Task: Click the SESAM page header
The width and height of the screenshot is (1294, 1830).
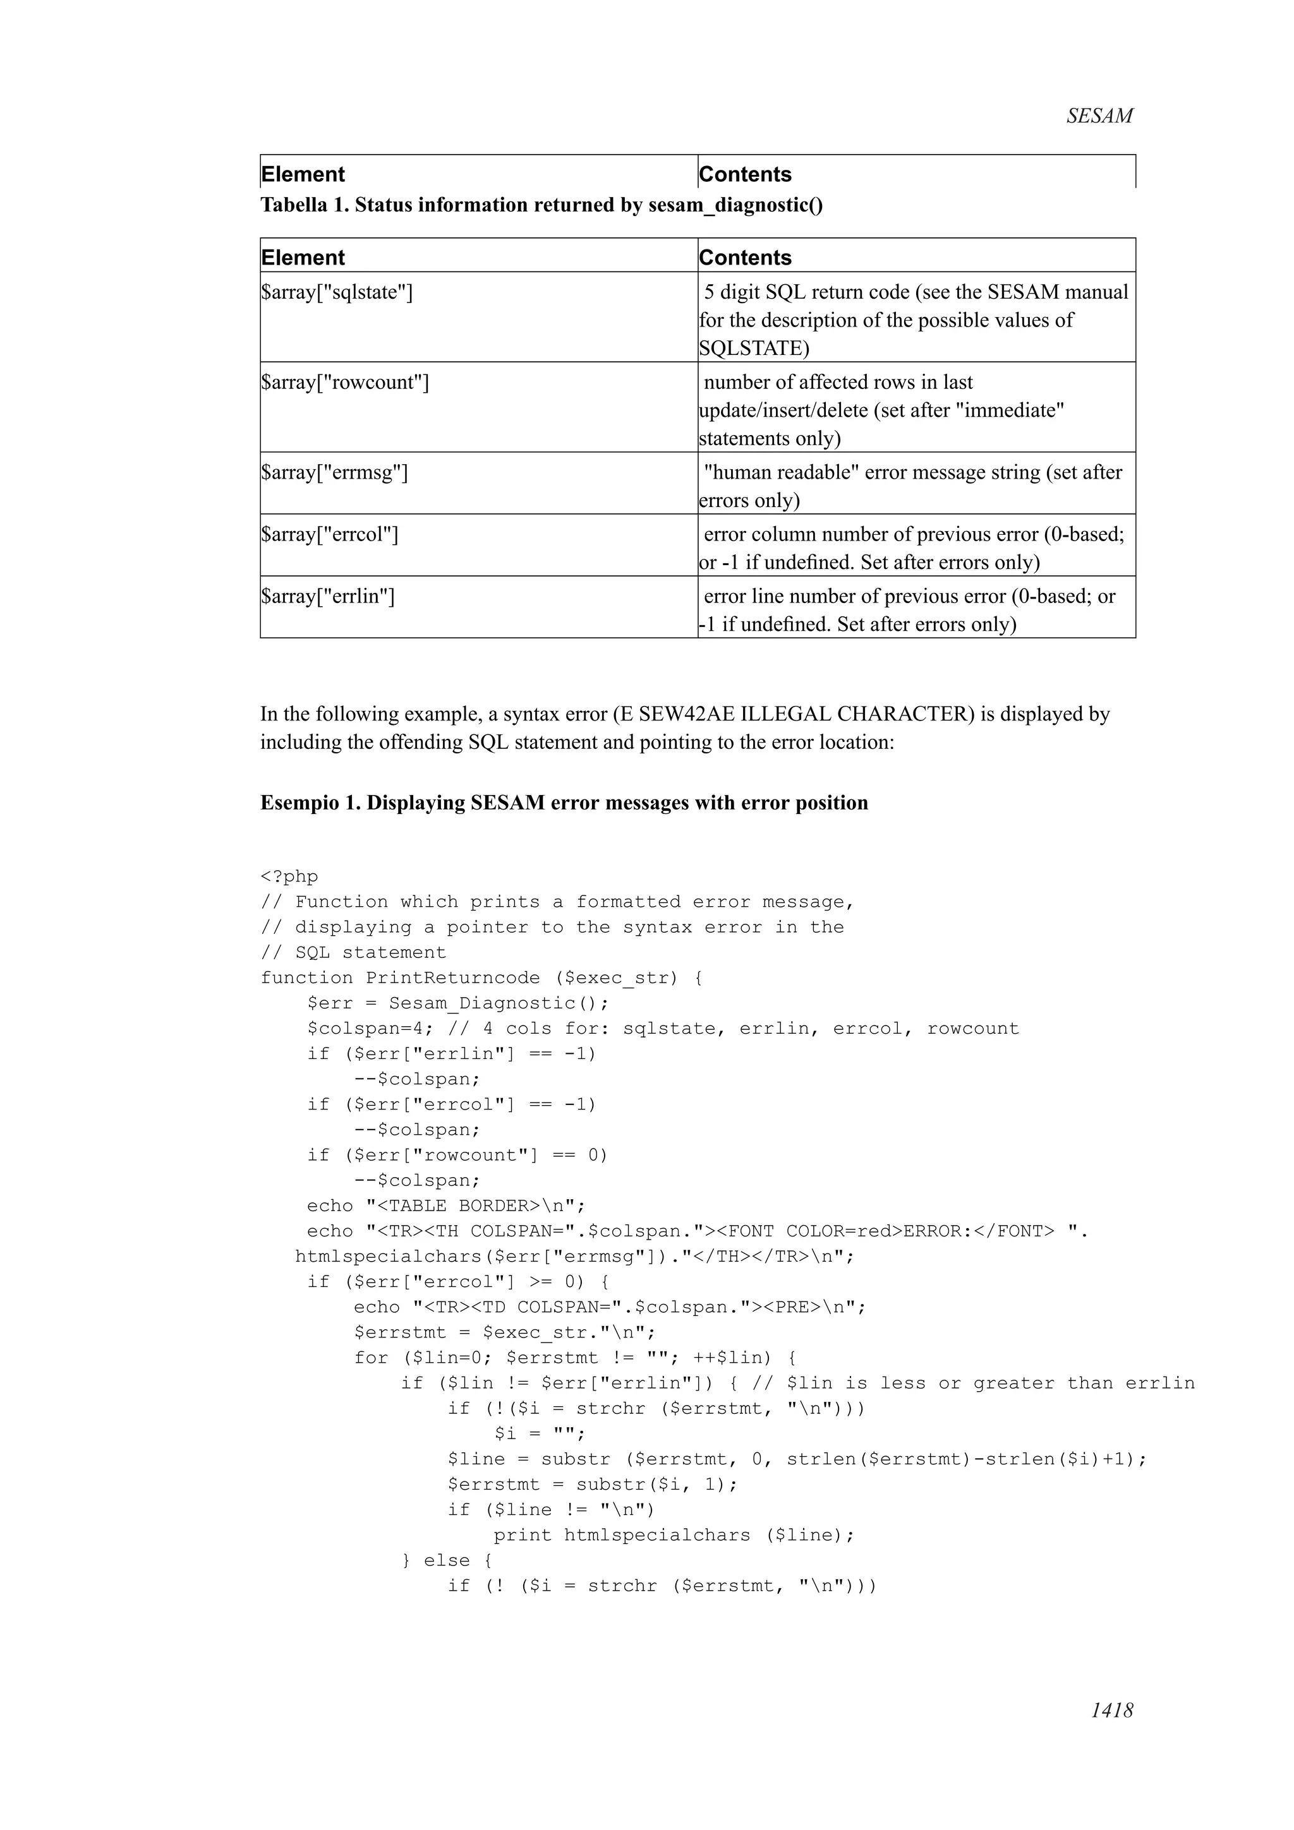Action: (1099, 116)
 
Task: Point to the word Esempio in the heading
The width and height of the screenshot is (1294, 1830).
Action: (299, 803)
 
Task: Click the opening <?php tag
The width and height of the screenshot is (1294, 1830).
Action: (289, 876)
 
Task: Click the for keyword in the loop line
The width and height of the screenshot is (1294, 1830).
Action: (372, 1358)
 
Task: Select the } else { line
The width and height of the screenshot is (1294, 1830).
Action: (447, 1560)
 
